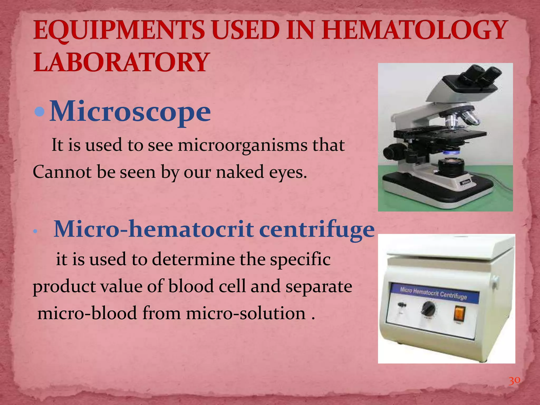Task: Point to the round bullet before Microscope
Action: (40, 112)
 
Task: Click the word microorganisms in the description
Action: (243, 146)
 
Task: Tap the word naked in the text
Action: (240, 172)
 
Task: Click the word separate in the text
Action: (319, 287)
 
